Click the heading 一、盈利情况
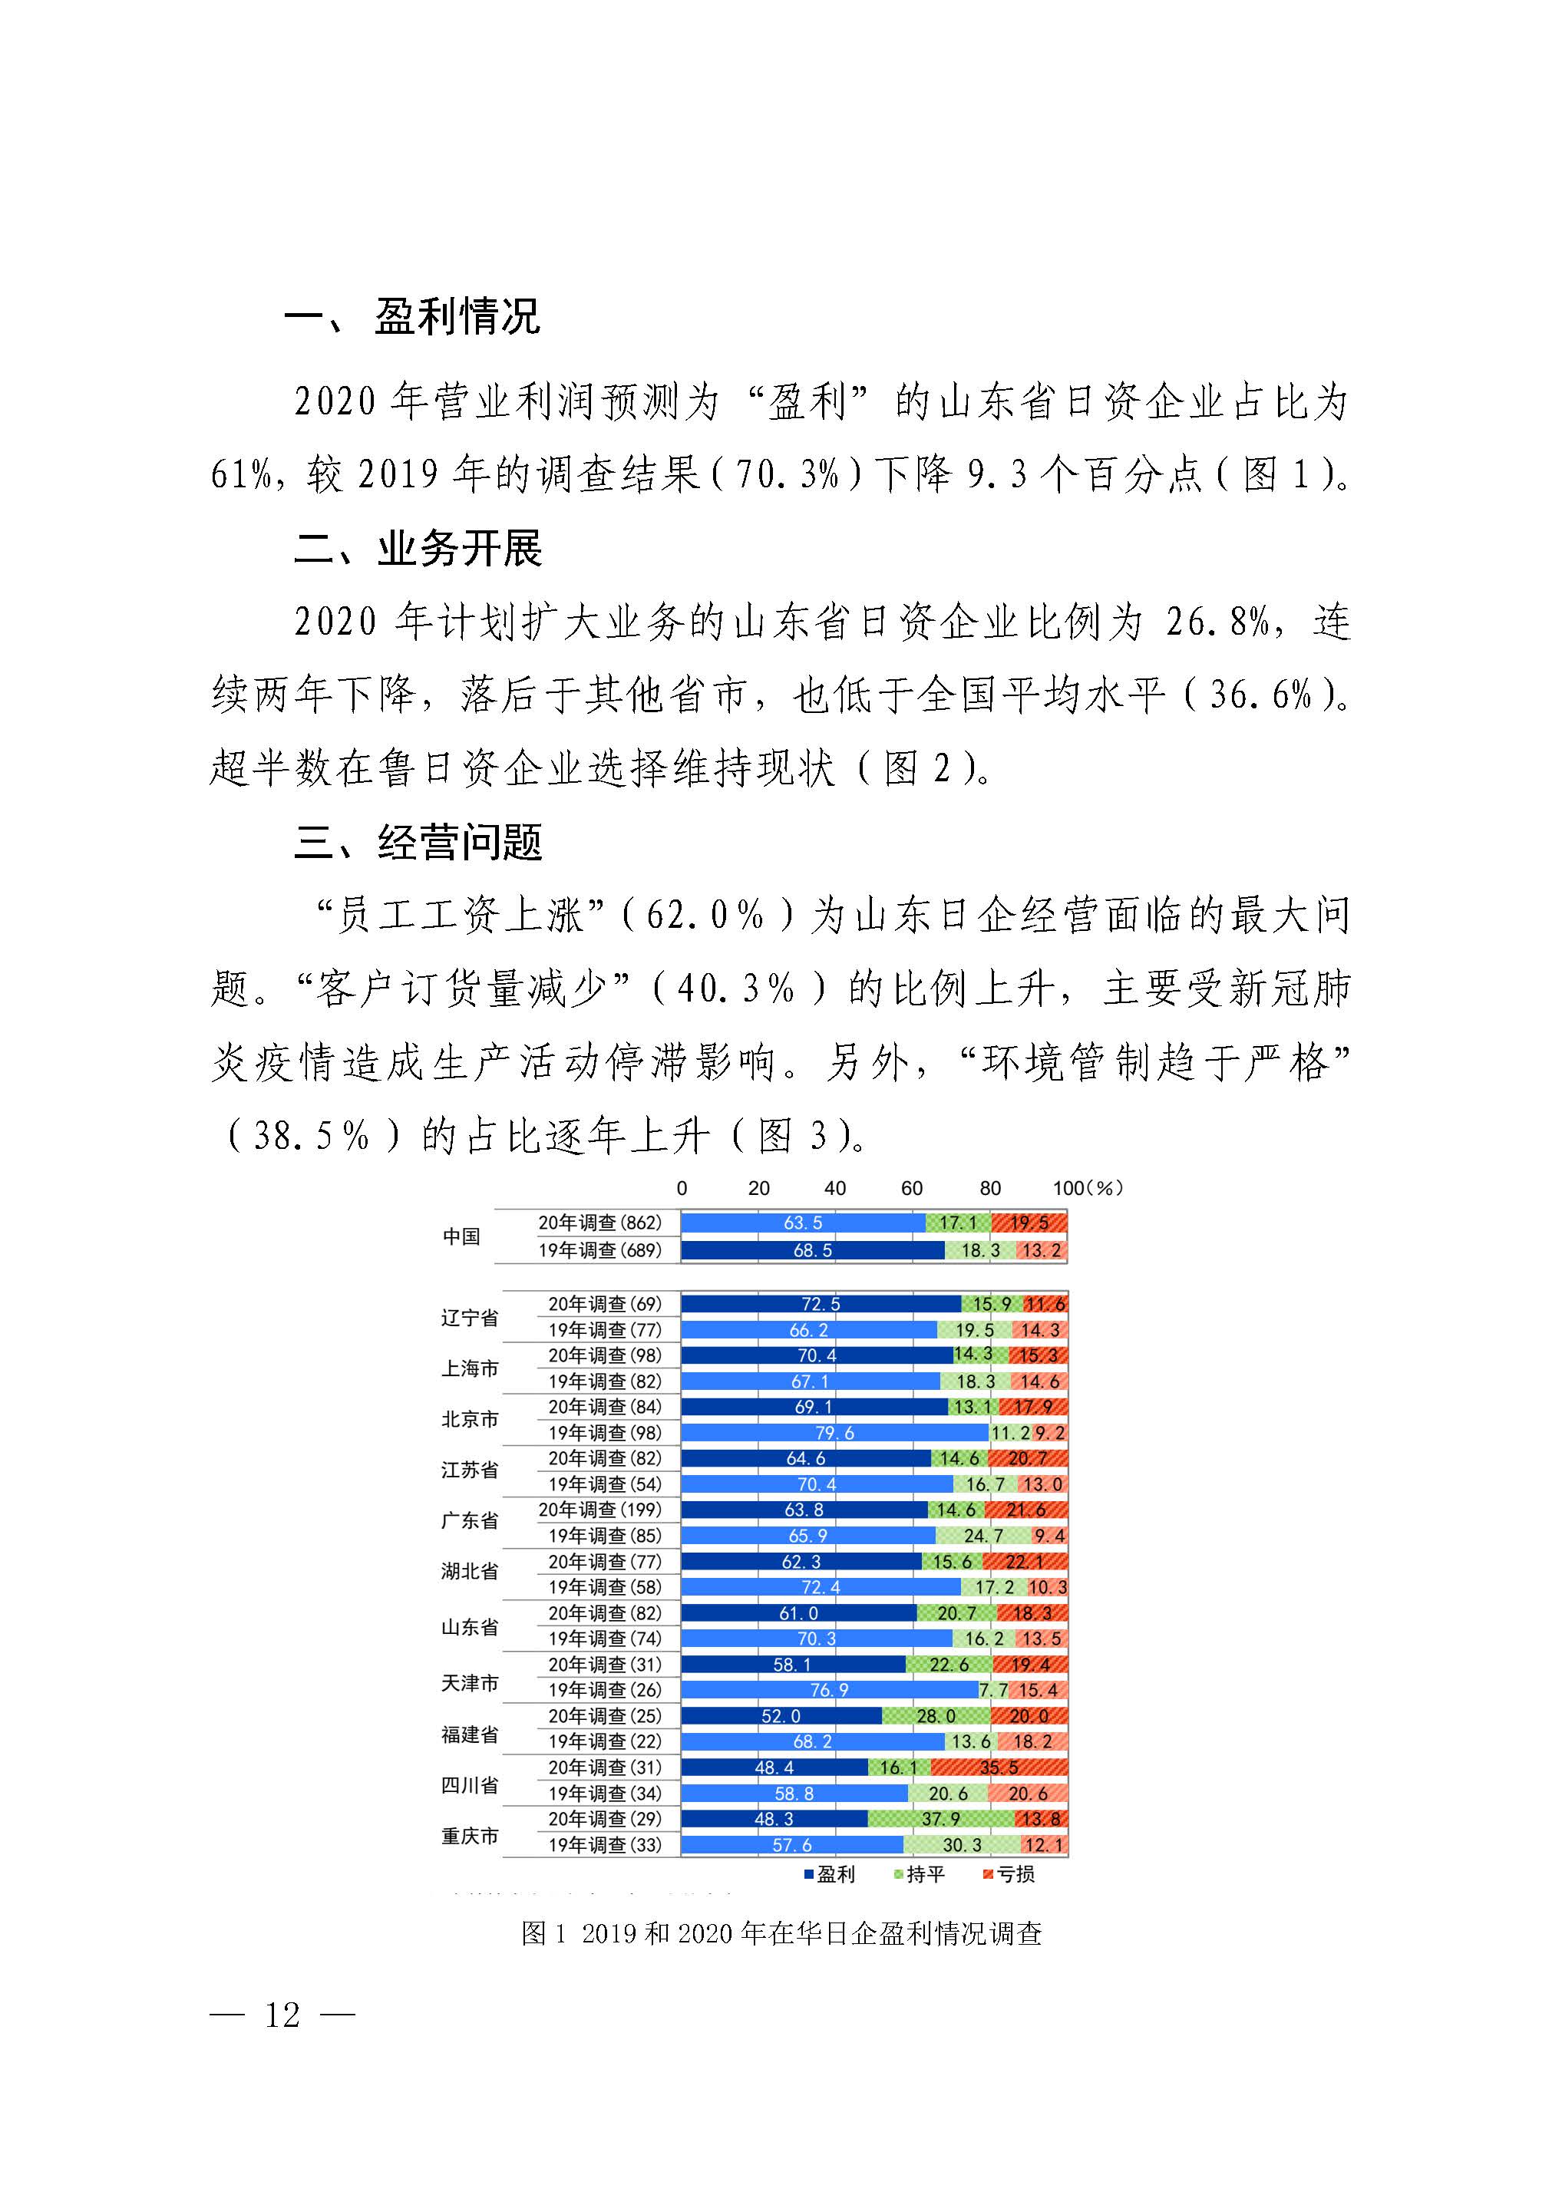[413, 316]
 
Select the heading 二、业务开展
[418, 549]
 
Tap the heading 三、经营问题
[418, 843]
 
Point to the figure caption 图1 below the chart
[781, 1934]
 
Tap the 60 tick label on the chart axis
[912, 1189]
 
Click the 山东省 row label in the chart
[470, 1627]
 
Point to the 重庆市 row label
[470, 1836]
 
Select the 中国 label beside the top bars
[461, 1236]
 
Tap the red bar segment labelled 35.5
[999, 1767]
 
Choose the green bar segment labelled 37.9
[941, 1819]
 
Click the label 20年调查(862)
[599, 1223]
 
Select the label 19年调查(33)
[604, 1844]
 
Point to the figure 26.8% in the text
[1217, 622]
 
